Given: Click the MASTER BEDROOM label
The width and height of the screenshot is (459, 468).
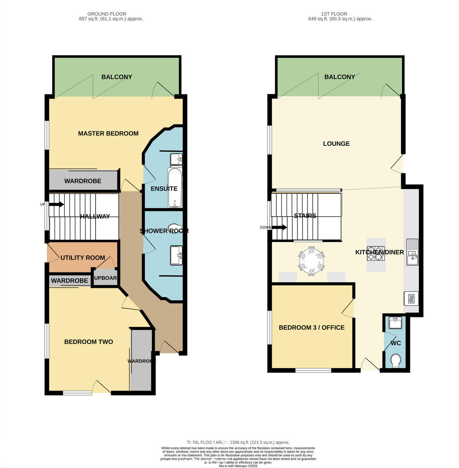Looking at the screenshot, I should (x=108, y=133).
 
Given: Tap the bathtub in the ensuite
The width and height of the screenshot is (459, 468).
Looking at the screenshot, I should (x=174, y=188).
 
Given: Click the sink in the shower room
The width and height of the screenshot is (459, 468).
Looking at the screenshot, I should (x=176, y=255).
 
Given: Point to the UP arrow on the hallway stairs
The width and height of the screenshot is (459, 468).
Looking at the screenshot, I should (x=56, y=204).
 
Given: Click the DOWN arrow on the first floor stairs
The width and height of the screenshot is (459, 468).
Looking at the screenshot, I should (x=279, y=227).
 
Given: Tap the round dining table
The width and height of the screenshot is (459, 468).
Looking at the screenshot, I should (x=311, y=261).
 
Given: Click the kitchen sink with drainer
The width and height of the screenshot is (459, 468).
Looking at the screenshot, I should (x=412, y=252).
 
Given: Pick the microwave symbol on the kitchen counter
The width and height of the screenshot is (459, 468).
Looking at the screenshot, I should (x=411, y=299).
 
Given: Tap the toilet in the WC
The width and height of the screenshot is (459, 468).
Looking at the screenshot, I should (x=395, y=360).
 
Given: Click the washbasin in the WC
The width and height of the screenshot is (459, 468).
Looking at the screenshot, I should (x=395, y=323).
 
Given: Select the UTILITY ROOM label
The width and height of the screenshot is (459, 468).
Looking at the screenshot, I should (x=83, y=258).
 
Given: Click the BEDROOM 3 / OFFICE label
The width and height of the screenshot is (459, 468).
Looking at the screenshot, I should (x=311, y=328).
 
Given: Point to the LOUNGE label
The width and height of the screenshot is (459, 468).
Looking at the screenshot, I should (x=336, y=144).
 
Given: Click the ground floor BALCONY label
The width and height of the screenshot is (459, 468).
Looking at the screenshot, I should (x=117, y=77).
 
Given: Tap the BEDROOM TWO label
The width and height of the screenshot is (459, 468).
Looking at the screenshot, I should (x=89, y=342).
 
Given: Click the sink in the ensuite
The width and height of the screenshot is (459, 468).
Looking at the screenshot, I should (x=176, y=159).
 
